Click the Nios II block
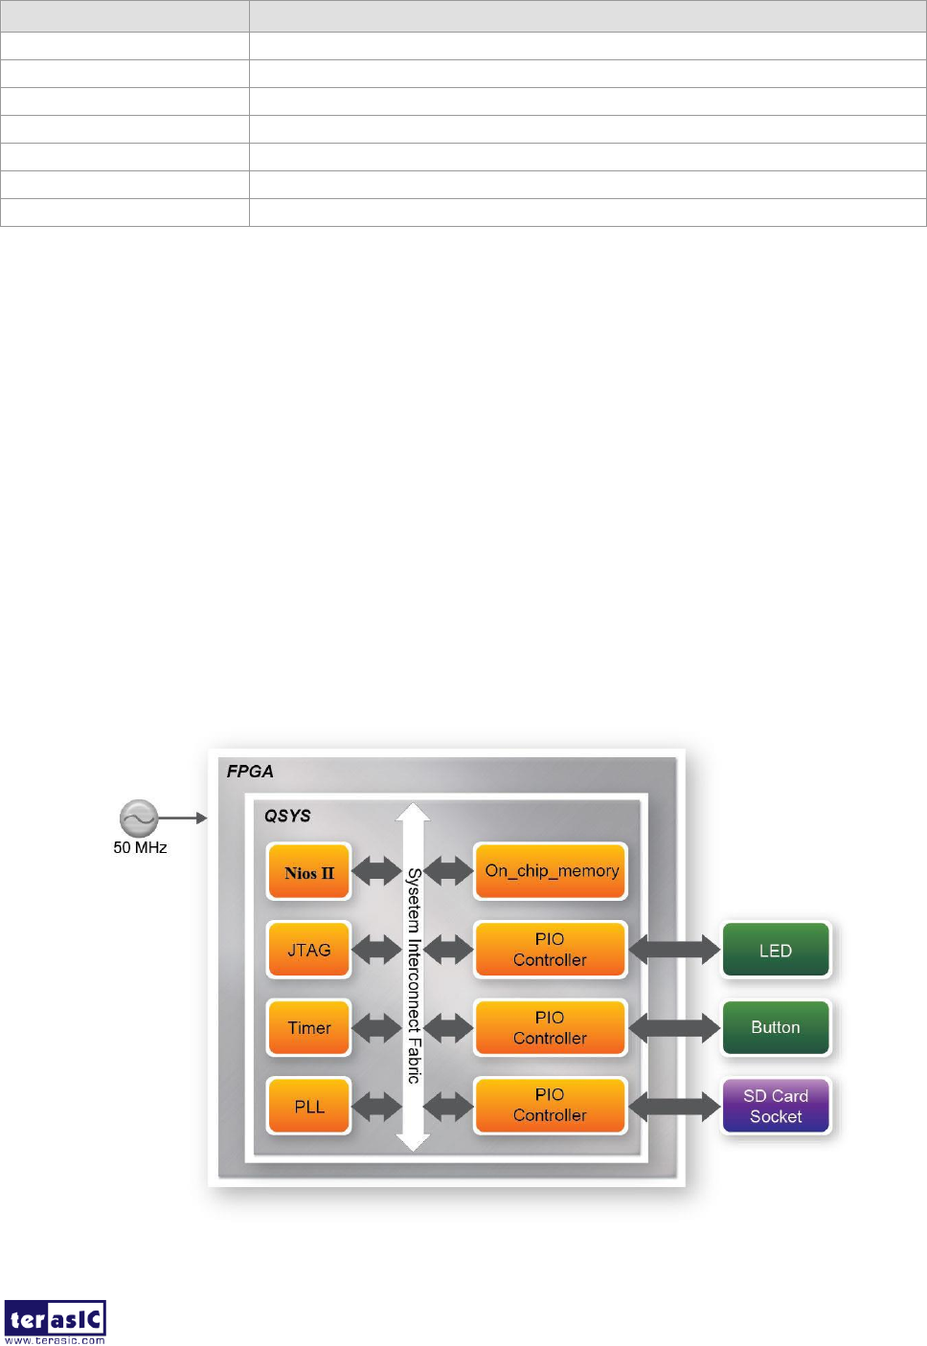pyautogui.click(x=309, y=872)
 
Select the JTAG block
pyautogui.click(x=309, y=950)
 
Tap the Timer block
pyautogui.click(x=309, y=1027)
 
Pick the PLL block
pyautogui.click(x=309, y=1106)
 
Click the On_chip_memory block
pyautogui.click(x=551, y=871)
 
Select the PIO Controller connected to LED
pyautogui.click(x=550, y=950)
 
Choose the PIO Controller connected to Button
pyautogui.click(x=550, y=1027)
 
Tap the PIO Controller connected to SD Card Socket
pyautogui.click(x=550, y=1105)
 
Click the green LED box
pyautogui.click(x=776, y=950)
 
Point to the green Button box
pyautogui.click(x=776, y=1027)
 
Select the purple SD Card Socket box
pyautogui.click(x=776, y=1106)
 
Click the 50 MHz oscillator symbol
pyautogui.click(x=139, y=819)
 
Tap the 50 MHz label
pyautogui.click(x=140, y=847)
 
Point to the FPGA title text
pyautogui.click(x=250, y=772)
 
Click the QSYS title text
pyautogui.click(x=287, y=816)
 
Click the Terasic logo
pyautogui.click(x=55, y=1321)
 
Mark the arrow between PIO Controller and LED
pyautogui.click(x=674, y=950)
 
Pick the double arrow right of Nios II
pyautogui.click(x=376, y=871)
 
